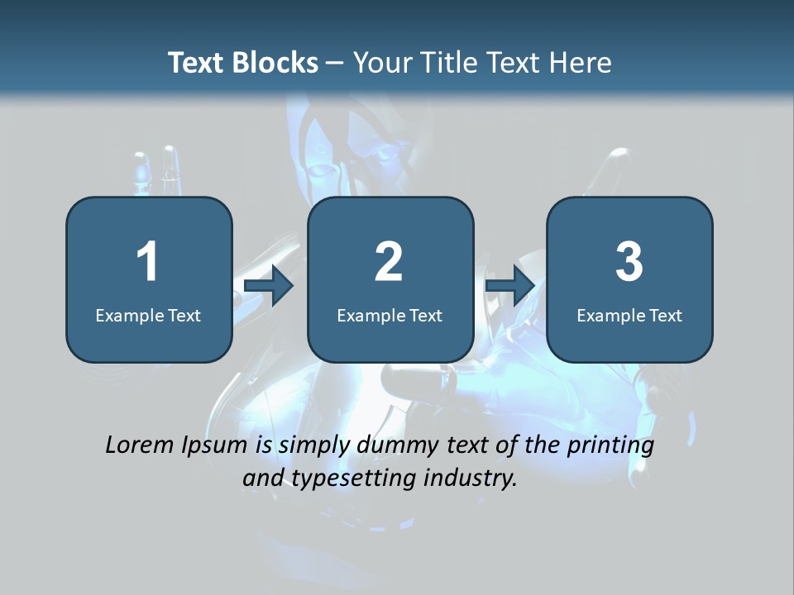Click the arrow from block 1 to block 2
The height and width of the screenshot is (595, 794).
point(269,287)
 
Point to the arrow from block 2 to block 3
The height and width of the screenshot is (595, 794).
point(510,287)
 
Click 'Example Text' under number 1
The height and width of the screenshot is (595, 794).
point(148,315)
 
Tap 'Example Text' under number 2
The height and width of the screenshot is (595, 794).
point(390,315)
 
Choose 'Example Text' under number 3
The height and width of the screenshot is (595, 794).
point(629,315)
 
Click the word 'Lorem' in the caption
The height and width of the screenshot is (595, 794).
point(141,445)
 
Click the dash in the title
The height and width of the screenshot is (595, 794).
point(336,64)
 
